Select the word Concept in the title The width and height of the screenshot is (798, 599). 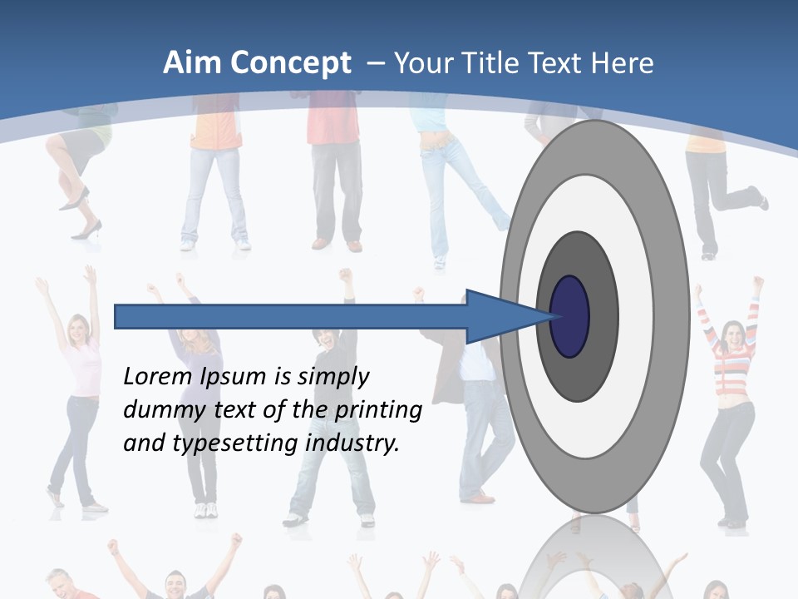click(290, 62)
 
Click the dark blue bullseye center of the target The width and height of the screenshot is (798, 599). click(569, 316)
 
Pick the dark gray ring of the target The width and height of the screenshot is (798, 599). click(603, 316)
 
